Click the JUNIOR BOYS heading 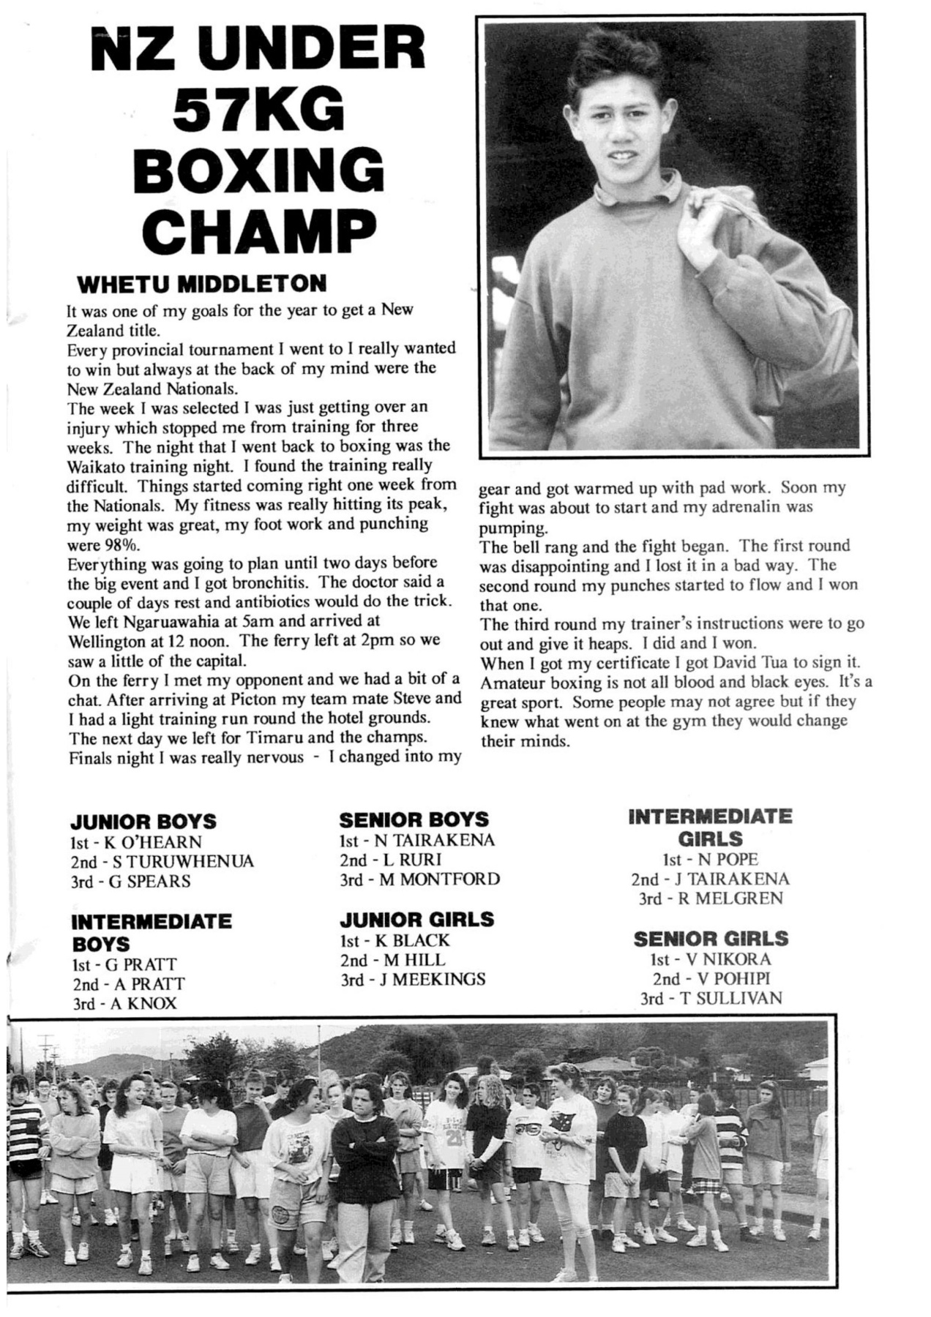[x=143, y=822]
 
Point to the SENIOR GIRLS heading [x=711, y=939]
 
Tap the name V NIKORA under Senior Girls [x=726, y=958]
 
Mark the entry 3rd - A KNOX [x=124, y=1003]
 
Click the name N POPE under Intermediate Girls [x=727, y=859]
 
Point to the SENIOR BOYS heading [x=414, y=819]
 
